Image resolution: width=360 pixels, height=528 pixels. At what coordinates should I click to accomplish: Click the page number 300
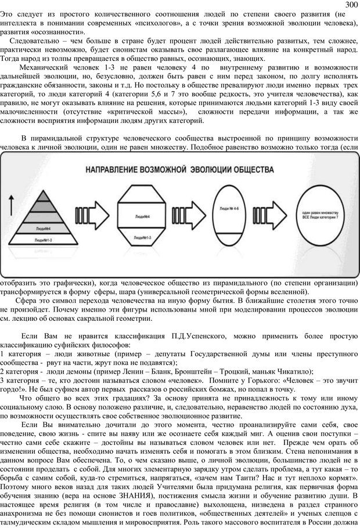(351, 5)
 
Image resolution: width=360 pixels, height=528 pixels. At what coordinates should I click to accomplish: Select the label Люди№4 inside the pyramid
(42, 229)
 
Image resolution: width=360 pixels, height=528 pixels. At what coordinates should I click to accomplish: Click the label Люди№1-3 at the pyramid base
(42, 239)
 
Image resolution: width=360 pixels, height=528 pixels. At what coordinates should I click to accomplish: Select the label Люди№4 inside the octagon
(142, 216)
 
